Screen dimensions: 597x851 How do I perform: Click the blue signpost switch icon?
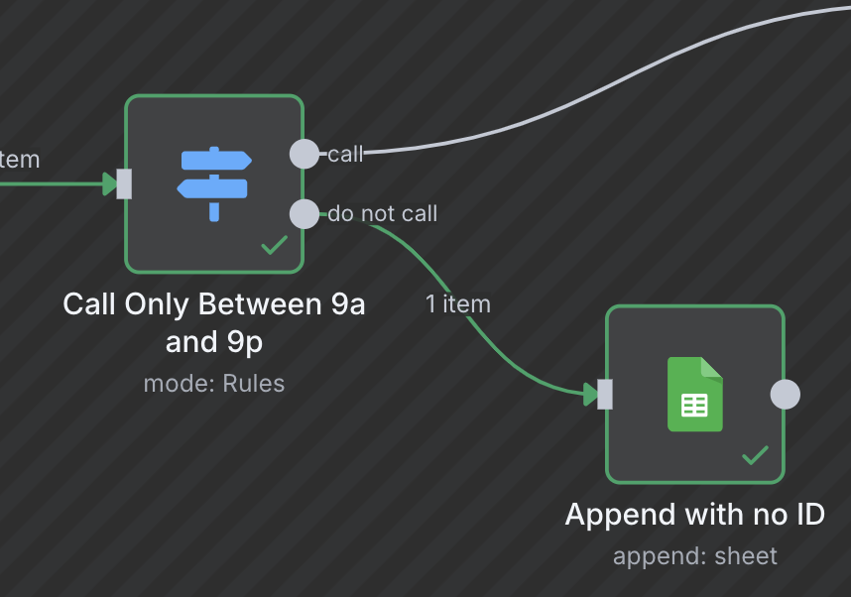pyautogui.click(x=214, y=182)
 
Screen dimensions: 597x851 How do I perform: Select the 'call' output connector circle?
pyautogui.click(x=304, y=154)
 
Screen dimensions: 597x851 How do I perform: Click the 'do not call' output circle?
pyautogui.click(x=304, y=213)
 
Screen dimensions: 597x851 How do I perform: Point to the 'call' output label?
pyautogui.click(x=345, y=154)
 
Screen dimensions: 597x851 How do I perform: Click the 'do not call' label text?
pyautogui.click(x=383, y=213)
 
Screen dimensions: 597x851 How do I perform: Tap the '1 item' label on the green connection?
pyautogui.click(x=458, y=303)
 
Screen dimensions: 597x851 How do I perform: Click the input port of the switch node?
pyautogui.click(x=124, y=183)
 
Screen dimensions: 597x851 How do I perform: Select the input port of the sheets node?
pyautogui.click(x=605, y=394)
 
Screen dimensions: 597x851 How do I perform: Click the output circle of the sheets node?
pyautogui.click(x=785, y=394)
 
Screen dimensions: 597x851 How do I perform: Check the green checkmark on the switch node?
pyautogui.click(x=274, y=245)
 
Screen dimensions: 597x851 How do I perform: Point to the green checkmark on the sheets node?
pyautogui.click(x=755, y=455)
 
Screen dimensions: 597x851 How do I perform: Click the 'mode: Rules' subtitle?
pyautogui.click(x=214, y=384)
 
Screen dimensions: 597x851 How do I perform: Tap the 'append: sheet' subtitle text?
pyautogui.click(x=695, y=556)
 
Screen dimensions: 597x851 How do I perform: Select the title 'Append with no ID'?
pyautogui.click(x=695, y=515)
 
